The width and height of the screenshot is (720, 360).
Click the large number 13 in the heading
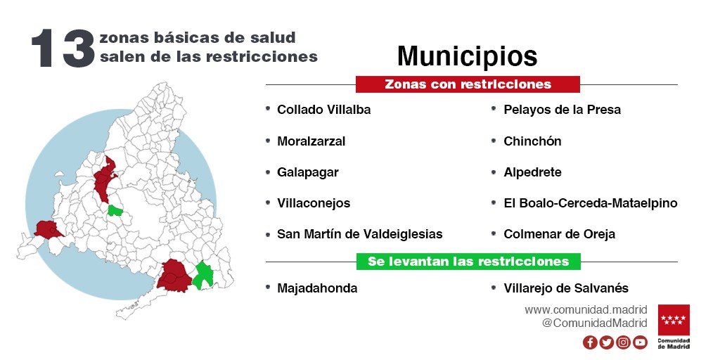point(63,49)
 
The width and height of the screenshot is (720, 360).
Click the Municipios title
point(467,56)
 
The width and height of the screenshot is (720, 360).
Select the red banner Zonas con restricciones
point(468,84)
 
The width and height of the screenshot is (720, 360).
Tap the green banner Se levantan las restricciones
point(468,262)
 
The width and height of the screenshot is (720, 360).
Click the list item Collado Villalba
point(323,110)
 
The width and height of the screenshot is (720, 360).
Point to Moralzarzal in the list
point(311,141)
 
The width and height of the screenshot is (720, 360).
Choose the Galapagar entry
point(308,172)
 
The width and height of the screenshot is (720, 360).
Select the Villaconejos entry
point(314,203)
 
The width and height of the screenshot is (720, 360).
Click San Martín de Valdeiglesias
point(359,234)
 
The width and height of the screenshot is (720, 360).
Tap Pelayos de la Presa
point(562,110)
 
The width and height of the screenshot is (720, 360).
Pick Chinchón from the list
point(532,141)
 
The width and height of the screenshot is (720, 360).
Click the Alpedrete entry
point(532,172)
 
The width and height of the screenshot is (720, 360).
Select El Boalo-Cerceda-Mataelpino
point(591,203)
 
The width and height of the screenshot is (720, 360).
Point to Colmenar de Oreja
point(559,234)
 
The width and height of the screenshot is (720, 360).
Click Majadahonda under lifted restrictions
point(317,288)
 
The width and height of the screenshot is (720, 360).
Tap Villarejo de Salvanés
point(566,288)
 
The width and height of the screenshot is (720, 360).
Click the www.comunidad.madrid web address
point(586,309)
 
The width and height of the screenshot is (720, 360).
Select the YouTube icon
point(640,342)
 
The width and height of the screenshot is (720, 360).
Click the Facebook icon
point(590,342)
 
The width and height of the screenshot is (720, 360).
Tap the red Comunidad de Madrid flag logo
point(674,320)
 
